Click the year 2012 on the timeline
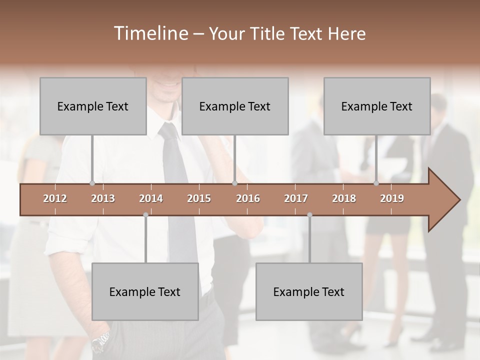point(55,198)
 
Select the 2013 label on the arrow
point(103,198)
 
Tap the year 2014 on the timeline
point(151,198)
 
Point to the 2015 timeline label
point(199,198)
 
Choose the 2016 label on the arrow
point(248,198)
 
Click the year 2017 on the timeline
point(296,198)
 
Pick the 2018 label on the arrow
point(344,198)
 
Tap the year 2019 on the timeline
point(392,198)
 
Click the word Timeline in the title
point(150,33)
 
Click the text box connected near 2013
point(93,106)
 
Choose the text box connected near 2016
point(235,106)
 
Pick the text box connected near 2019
point(377,106)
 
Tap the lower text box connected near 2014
point(145,291)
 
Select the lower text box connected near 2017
point(309,291)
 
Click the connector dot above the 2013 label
point(92,183)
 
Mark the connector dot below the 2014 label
point(145,215)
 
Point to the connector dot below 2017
point(309,215)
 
